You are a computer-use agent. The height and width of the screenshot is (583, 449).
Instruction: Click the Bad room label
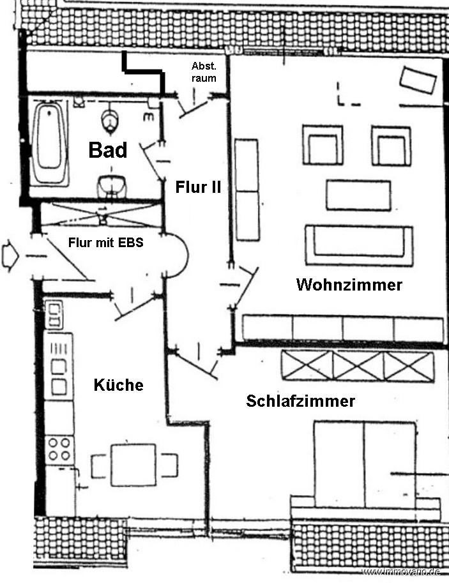108,150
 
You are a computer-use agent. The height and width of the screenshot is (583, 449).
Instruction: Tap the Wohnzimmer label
349,285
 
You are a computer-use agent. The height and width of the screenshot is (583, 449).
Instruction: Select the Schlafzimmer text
301,401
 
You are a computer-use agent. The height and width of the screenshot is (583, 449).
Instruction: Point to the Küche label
119,384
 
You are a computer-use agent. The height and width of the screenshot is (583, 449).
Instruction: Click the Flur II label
198,186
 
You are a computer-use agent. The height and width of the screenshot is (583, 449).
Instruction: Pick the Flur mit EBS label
106,243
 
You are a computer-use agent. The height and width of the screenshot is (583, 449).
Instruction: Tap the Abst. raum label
204,72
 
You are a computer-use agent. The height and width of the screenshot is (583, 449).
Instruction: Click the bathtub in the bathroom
49,143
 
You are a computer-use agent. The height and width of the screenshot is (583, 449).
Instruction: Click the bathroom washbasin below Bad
111,186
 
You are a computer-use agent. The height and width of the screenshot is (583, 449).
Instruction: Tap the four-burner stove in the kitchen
59,449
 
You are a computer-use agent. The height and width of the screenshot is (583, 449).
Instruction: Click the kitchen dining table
133,465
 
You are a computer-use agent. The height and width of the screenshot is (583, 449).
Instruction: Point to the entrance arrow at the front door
10,255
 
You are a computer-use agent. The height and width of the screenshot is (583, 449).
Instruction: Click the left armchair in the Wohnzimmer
323,145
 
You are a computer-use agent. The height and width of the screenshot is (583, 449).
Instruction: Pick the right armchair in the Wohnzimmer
392,146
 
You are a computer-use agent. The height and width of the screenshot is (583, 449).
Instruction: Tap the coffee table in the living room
358,195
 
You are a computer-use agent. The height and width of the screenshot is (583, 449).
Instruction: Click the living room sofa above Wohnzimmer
359,245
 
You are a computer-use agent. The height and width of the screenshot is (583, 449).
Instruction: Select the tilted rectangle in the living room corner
418,80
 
